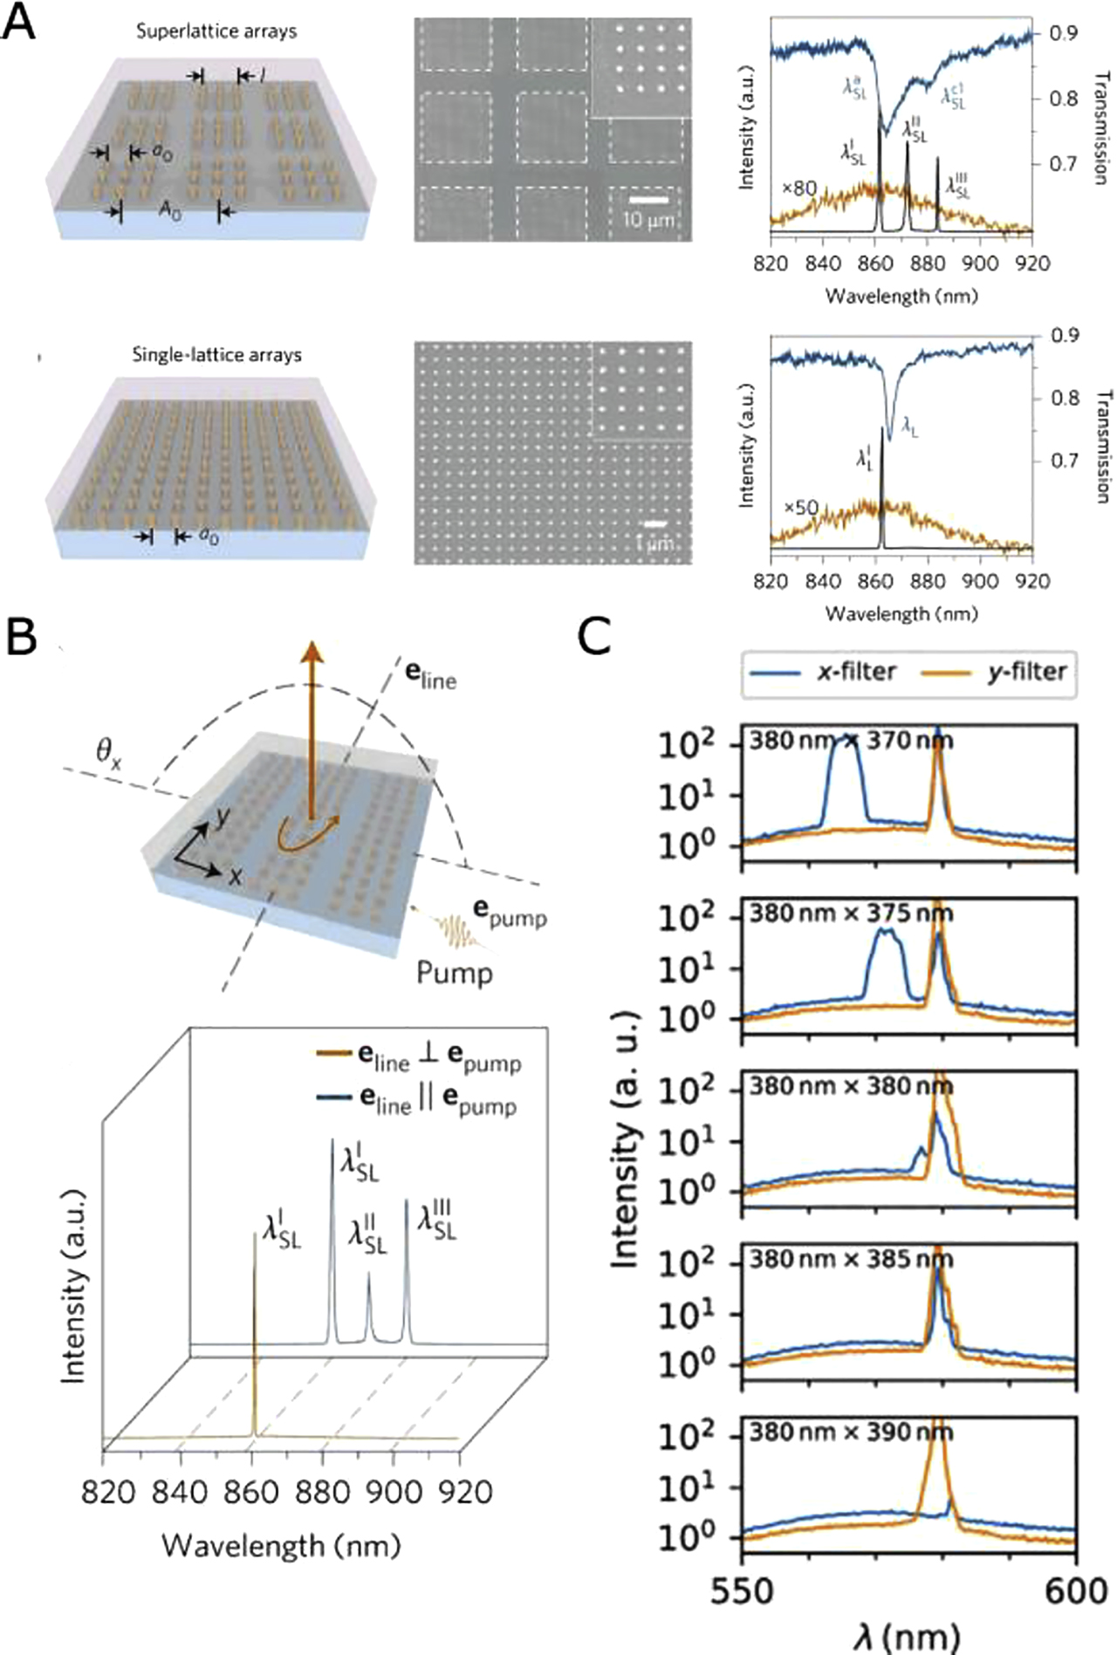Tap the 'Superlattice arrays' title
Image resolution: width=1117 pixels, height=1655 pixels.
tap(216, 31)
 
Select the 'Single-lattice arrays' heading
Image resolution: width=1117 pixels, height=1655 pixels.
tap(216, 355)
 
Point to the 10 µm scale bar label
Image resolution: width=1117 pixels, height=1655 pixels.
tap(648, 221)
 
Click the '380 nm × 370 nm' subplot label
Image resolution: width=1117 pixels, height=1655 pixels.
tap(852, 741)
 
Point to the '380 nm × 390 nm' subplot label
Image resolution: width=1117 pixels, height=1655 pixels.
tap(852, 1433)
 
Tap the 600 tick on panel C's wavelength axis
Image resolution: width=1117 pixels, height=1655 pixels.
tap(1078, 1590)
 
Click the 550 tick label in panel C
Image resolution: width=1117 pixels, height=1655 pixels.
tap(743, 1590)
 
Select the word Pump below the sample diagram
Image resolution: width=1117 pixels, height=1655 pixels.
tap(454, 972)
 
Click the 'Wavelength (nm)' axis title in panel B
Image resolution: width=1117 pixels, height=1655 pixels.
tap(281, 1546)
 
